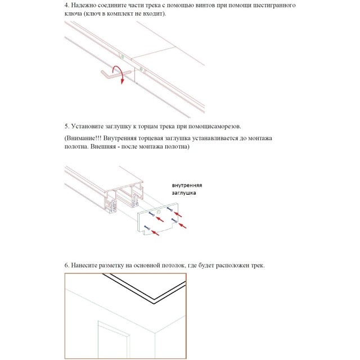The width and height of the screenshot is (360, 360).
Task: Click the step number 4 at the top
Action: click(x=67, y=5)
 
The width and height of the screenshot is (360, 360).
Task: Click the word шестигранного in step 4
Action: click(x=274, y=5)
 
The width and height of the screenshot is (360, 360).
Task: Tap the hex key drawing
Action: click(x=115, y=75)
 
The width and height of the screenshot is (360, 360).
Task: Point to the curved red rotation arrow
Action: click(x=120, y=74)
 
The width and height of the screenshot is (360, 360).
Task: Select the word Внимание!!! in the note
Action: click(x=84, y=138)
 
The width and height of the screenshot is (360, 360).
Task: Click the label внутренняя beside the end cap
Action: click(x=187, y=186)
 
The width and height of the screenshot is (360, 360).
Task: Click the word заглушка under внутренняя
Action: click(x=184, y=193)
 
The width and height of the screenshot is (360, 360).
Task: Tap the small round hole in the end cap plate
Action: click(x=159, y=211)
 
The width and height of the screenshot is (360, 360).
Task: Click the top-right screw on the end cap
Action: click(x=170, y=209)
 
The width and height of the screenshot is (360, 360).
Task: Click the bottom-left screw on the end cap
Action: click(x=147, y=228)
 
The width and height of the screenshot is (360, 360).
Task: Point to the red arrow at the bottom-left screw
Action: click(x=155, y=233)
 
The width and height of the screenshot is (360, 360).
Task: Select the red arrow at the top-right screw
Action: click(x=178, y=214)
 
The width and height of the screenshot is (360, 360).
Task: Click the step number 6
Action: click(x=67, y=265)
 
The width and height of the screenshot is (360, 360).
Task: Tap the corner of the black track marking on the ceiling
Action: click(x=154, y=301)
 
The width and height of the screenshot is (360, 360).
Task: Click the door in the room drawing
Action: click(x=114, y=340)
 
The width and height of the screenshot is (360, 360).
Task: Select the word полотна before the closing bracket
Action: click(x=176, y=146)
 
